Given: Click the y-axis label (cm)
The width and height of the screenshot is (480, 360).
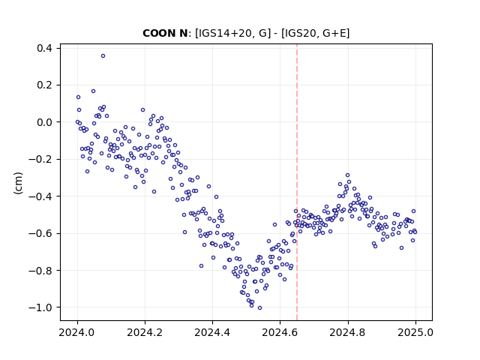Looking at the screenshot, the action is click(18, 183).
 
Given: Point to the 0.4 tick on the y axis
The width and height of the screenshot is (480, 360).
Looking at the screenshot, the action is click(44, 48).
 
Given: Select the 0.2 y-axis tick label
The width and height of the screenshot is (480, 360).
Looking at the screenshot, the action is click(44, 85).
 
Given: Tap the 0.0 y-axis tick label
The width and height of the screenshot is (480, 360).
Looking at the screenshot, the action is click(44, 122).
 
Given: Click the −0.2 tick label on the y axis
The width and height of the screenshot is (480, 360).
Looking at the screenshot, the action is click(40, 159).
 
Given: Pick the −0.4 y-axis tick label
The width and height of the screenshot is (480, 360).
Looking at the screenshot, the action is click(40, 196).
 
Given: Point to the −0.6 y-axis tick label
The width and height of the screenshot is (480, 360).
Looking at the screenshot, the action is click(40, 233).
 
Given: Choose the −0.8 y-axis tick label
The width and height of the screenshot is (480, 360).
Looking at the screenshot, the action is click(40, 270).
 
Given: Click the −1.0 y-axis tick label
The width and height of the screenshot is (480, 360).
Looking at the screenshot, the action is click(40, 307).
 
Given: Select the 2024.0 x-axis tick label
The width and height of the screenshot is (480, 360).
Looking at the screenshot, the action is click(77, 332).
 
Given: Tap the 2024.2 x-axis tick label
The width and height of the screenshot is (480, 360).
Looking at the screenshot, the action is click(145, 332).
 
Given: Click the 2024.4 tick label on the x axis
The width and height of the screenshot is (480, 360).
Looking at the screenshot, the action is click(212, 332).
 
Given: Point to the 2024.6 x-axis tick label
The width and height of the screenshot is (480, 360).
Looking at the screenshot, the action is click(280, 332).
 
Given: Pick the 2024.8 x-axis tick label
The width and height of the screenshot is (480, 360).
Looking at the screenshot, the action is click(347, 332).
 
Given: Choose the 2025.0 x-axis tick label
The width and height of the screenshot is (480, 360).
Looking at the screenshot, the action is click(415, 332).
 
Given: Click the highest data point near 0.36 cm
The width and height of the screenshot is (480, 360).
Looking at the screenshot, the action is click(103, 55).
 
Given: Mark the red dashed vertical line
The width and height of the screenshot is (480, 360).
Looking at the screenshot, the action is click(297, 182).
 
